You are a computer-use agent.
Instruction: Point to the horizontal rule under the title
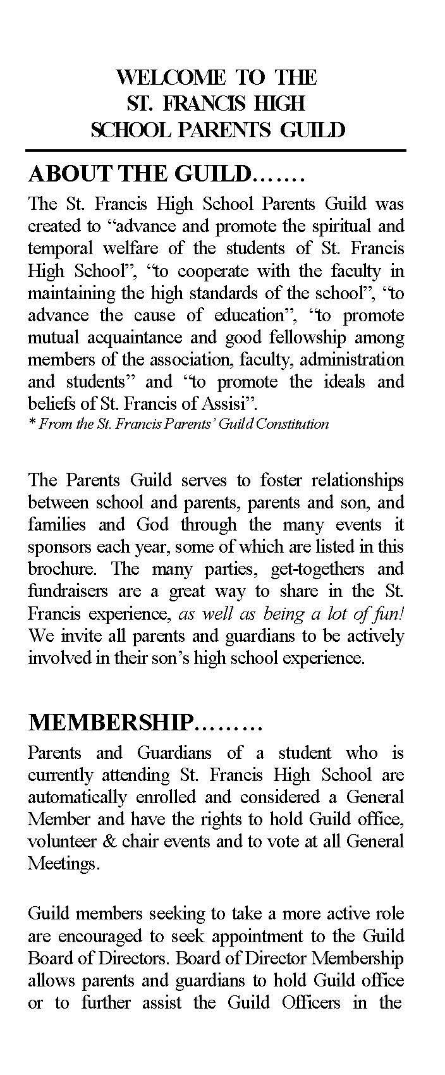pos(215,150)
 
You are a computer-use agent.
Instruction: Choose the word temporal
pos(58,249)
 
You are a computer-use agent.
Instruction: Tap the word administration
pos(351,359)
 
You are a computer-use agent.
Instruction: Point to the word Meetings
pos(63,863)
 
